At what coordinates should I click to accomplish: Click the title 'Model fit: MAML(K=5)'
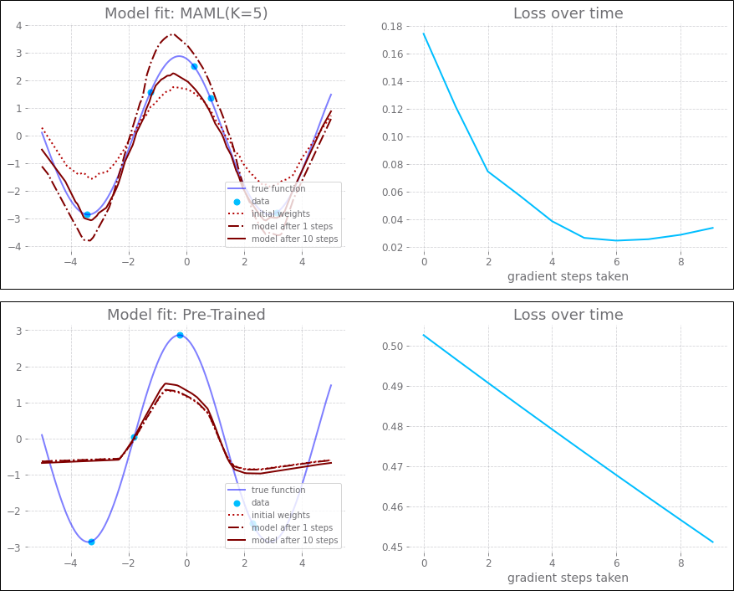tap(186, 13)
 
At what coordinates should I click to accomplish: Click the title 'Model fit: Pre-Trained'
tap(186, 315)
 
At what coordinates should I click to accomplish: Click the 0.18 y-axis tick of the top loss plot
tap(391, 27)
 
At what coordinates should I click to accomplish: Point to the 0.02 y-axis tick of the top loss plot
tap(391, 248)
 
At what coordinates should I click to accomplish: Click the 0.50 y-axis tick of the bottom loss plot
tap(391, 347)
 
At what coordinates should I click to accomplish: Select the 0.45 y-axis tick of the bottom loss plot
tap(391, 547)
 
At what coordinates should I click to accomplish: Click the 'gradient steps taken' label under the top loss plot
tap(568, 276)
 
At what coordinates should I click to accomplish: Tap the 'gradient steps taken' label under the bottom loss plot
tap(568, 578)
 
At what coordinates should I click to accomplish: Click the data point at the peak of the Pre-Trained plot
tap(180, 335)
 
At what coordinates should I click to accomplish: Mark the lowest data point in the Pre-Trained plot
tap(91, 542)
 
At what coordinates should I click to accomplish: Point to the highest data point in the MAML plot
tap(194, 66)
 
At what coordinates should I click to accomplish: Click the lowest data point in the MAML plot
tap(87, 214)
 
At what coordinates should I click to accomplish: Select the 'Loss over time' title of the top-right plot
tap(568, 13)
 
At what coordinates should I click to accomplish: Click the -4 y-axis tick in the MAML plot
tap(17, 247)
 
